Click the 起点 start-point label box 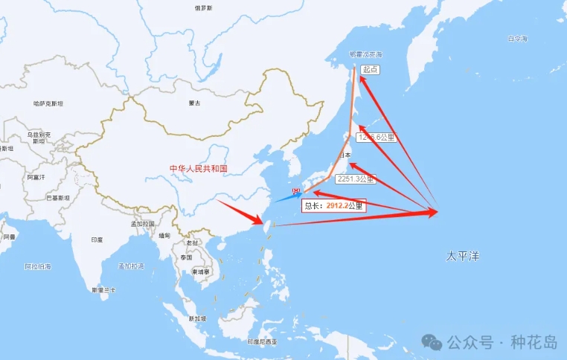(x=371, y=69)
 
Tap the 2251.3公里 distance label (x=356, y=179)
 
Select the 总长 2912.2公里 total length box (x=334, y=205)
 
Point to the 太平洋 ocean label (x=463, y=256)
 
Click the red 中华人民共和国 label (x=198, y=169)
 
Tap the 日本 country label (x=345, y=155)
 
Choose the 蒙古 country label (x=194, y=103)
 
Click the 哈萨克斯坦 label (x=48, y=103)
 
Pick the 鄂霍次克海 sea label (x=365, y=55)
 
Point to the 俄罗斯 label (x=203, y=7)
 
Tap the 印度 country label (x=97, y=240)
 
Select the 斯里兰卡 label (x=103, y=289)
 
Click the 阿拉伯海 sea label (x=37, y=266)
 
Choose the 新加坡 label (x=197, y=318)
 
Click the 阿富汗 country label (x=36, y=177)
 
